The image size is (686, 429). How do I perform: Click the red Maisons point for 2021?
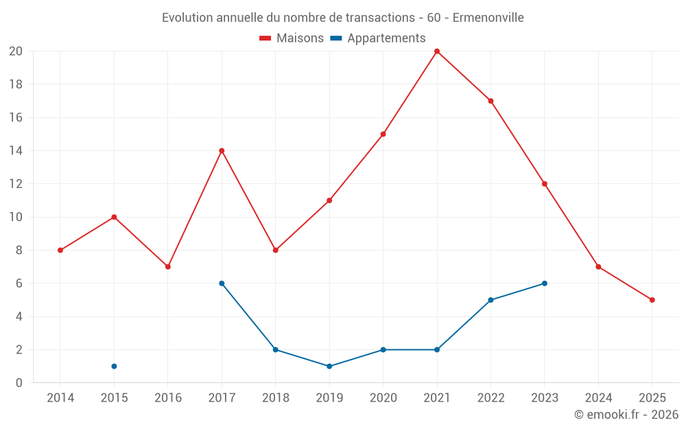click(437, 51)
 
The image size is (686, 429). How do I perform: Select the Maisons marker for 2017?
click(222, 151)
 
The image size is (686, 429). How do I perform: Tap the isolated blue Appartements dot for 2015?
click(114, 367)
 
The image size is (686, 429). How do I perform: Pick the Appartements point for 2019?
click(329, 367)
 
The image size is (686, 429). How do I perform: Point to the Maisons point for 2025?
click(652, 300)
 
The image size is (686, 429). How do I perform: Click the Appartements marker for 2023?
click(545, 283)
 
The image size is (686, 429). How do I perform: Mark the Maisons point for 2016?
click(168, 267)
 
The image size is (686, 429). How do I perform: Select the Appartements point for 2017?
click(222, 283)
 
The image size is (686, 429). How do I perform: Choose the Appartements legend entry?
click(386, 38)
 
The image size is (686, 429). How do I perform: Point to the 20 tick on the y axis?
click(16, 51)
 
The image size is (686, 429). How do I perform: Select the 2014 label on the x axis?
click(60, 397)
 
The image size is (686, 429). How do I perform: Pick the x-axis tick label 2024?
click(598, 397)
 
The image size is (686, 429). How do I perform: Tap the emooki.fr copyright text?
click(626, 415)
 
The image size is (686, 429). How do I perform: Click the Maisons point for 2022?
click(490, 101)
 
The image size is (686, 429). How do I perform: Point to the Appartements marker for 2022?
click(490, 300)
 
